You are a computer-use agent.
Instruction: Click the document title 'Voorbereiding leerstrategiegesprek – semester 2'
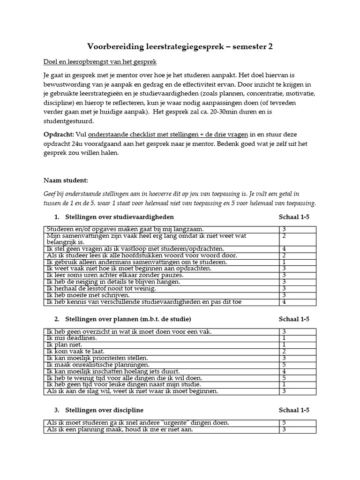coord(180,46)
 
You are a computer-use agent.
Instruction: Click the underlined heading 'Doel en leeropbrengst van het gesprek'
coord(100,62)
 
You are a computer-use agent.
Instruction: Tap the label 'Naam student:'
coord(66,180)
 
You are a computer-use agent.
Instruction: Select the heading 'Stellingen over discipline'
coord(104,410)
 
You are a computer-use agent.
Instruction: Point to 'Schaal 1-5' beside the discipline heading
coord(294,410)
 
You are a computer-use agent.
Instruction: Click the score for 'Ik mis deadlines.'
coord(284,338)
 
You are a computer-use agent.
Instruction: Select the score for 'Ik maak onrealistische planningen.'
coord(284,364)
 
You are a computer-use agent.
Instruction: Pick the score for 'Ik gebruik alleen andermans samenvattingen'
coord(284,262)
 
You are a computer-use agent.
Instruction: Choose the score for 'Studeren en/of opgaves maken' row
coord(284,229)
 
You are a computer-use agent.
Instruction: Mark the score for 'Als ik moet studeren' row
coord(284,423)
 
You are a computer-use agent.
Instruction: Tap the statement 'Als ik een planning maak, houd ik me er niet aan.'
coord(120,429)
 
